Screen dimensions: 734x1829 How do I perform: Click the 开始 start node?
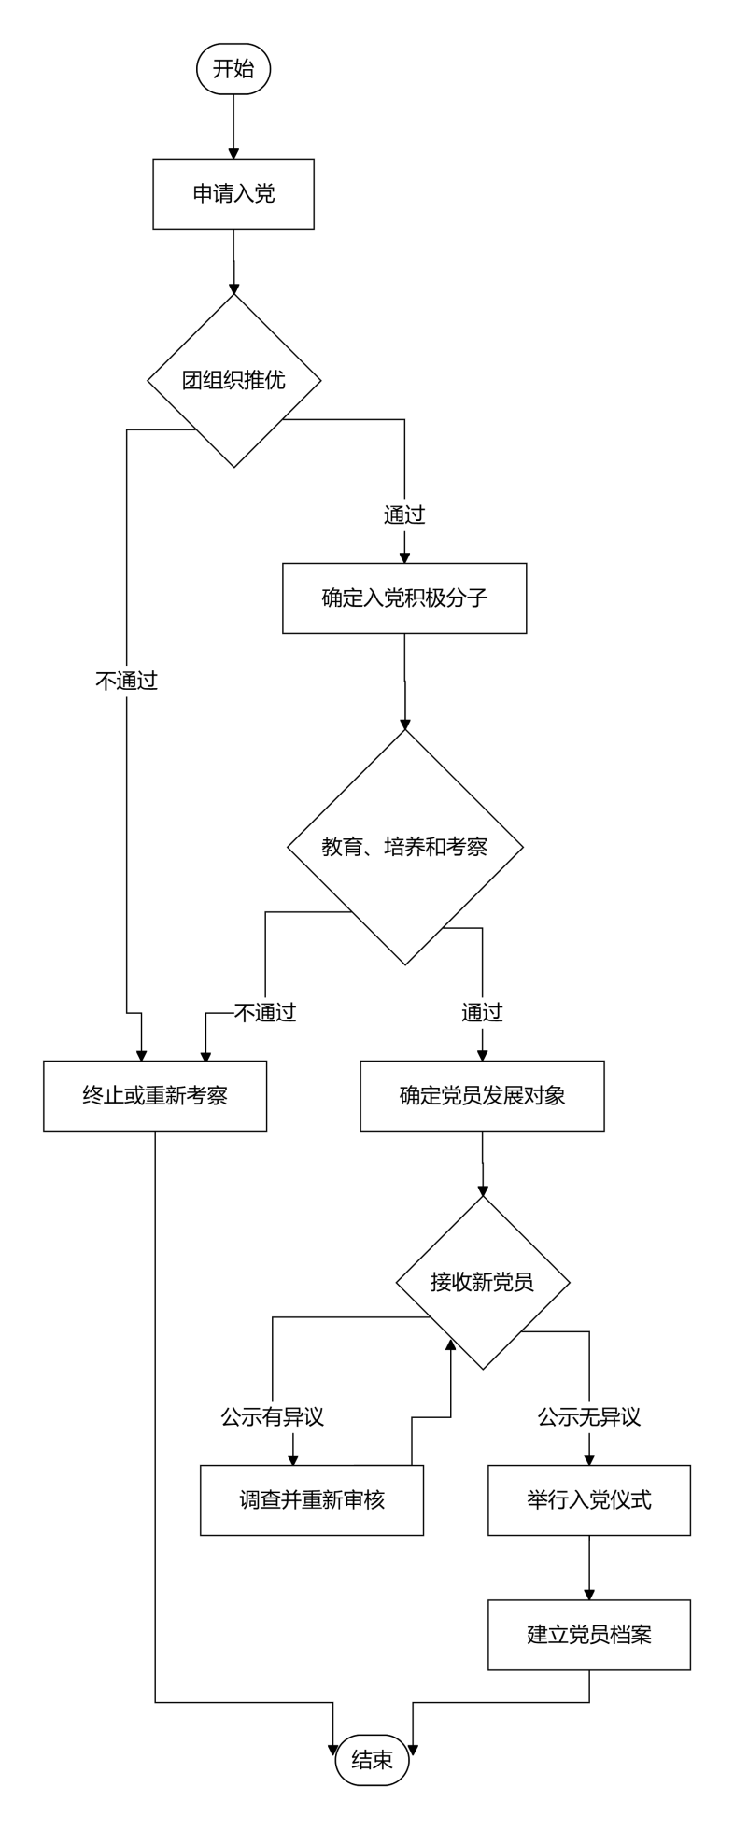click(x=233, y=69)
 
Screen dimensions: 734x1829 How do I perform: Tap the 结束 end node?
click(x=372, y=1760)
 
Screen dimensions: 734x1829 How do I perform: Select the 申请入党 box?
click(x=233, y=194)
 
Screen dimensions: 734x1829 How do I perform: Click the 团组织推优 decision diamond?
click(x=234, y=380)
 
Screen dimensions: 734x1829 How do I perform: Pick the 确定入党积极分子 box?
click(x=404, y=598)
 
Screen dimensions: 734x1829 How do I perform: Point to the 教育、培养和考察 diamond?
click(x=404, y=847)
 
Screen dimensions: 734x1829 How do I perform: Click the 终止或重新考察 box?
click(x=155, y=1096)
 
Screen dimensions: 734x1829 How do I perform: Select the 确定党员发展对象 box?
click(x=482, y=1096)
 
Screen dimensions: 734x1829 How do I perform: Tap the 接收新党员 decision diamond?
click(x=483, y=1282)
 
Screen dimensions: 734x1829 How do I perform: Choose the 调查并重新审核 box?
click(x=312, y=1500)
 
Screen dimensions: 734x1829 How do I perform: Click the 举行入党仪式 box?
click(x=589, y=1500)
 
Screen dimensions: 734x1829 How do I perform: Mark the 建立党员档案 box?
click(x=589, y=1635)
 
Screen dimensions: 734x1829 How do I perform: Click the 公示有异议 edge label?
click(x=272, y=1417)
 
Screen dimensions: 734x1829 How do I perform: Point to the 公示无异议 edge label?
click(x=589, y=1417)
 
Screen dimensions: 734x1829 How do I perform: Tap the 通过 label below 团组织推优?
click(x=404, y=514)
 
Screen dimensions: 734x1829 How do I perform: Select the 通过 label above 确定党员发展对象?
click(x=482, y=1012)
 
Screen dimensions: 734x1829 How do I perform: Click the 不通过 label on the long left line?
click(x=127, y=681)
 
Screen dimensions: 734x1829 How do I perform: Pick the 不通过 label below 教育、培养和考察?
click(x=265, y=1012)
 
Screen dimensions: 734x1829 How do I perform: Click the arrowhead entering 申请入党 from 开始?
click(x=233, y=153)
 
